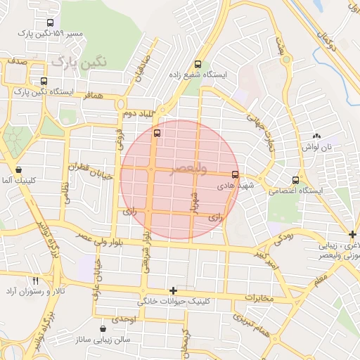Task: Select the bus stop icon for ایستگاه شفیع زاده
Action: click(198, 63)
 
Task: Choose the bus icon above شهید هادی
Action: click(235, 174)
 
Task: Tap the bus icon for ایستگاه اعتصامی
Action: click(295, 179)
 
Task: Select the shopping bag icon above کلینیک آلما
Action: click(18, 169)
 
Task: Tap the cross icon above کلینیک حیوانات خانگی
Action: click(173, 290)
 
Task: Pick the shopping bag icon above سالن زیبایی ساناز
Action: click(104, 328)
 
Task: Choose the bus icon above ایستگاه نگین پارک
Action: click(44, 81)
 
